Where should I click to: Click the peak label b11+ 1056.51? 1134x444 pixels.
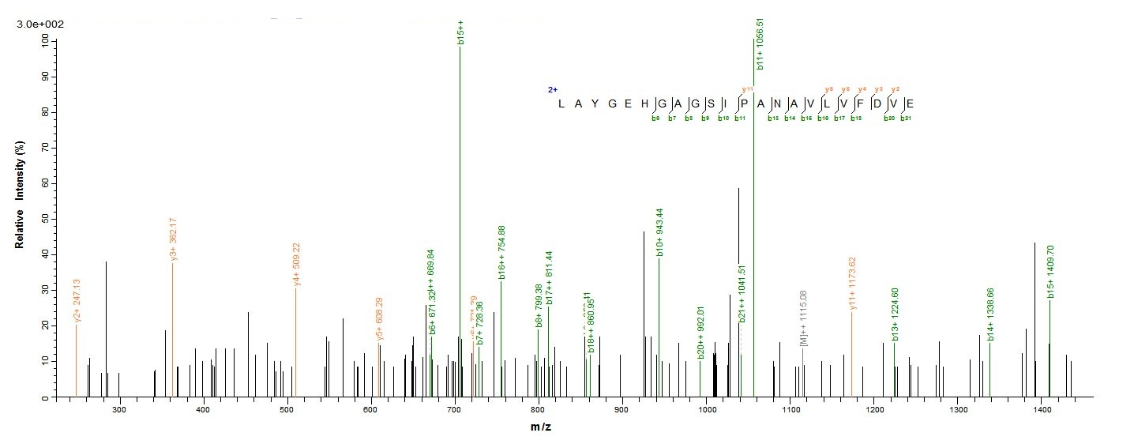pos(758,44)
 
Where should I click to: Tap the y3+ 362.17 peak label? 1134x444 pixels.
pos(173,239)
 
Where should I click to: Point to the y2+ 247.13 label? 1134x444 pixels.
pos(77,300)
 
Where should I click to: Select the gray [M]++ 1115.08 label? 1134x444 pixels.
pos(803,318)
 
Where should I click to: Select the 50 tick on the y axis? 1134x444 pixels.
pos(44,219)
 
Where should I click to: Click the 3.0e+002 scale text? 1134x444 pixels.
pos(40,24)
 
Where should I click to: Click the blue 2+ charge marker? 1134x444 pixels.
pos(553,90)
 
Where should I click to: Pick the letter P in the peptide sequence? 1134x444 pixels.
pos(740,103)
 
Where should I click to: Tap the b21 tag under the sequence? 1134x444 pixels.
pos(906,119)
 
